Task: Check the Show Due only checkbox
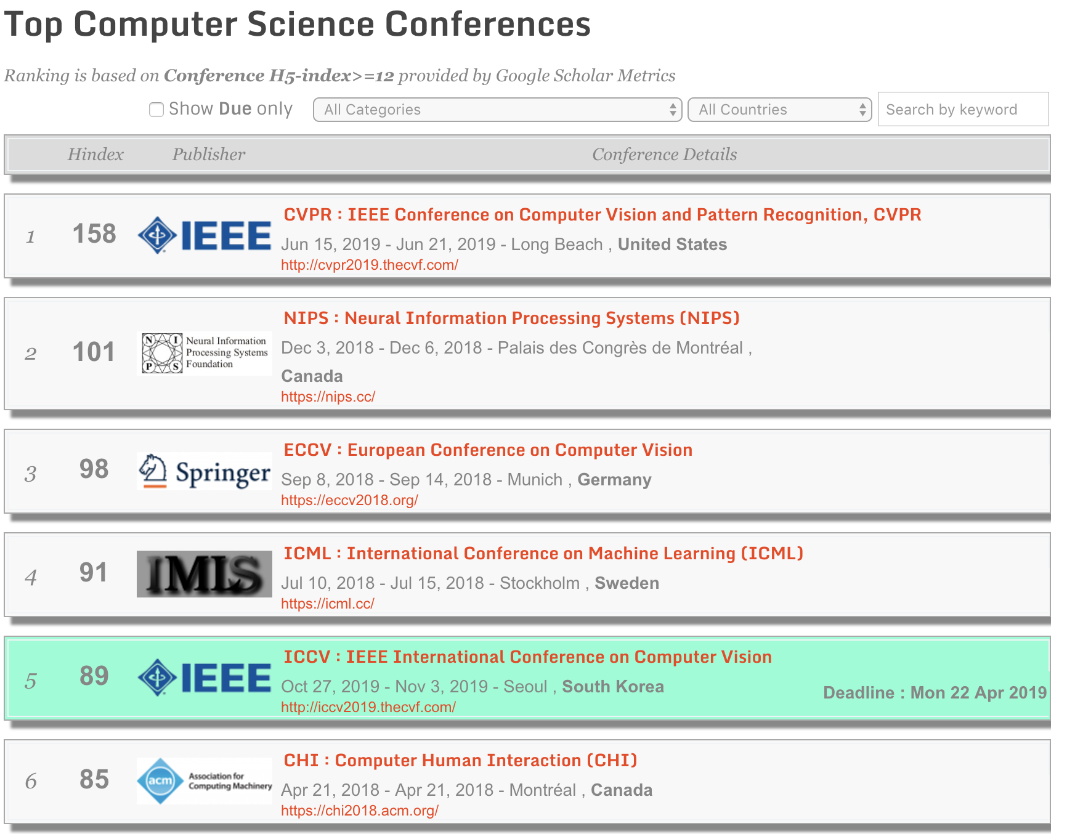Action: point(156,110)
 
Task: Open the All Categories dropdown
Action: point(497,110)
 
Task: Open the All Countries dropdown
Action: point(779,110)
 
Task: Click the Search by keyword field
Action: point(963,110)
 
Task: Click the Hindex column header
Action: point(95,154)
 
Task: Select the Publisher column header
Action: point(209,154)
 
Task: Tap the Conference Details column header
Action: point(665,154)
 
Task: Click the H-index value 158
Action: point(94,234)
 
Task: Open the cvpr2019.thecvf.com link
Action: point(370,265)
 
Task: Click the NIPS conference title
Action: point(511,318)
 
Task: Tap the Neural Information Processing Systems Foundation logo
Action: point(205,353)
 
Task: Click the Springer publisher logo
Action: point(205,471)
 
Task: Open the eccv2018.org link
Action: point(349,500)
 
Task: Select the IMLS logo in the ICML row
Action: point(205,574)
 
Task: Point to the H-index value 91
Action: point(94,573)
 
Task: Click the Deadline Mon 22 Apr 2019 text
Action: point(935,692)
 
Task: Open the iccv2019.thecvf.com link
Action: point(368,707)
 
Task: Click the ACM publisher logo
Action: point(205,781)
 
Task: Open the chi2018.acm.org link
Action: point(360,811)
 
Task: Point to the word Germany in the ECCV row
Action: point(614,480)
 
